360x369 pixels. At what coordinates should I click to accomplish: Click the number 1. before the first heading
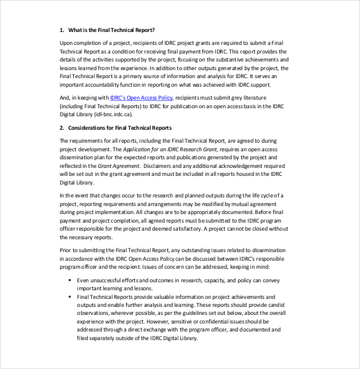click(x=62, y=30)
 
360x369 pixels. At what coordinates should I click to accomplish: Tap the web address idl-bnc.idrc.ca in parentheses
click(x=114, y=114)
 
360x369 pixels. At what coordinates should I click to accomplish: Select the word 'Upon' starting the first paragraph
click(x=66, y=42)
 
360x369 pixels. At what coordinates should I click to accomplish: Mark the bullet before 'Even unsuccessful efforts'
click(x=71, y=280)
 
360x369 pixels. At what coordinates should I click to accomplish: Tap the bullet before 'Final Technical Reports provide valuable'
click(x=71, y=296)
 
